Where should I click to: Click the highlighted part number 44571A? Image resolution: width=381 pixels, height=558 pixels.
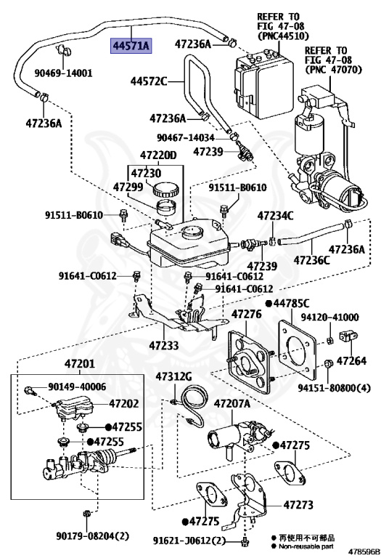[x=130, y=45]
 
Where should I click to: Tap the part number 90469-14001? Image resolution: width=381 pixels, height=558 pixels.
[x=64, y=73]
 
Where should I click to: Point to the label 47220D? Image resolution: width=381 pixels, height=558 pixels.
[x=158, y=155]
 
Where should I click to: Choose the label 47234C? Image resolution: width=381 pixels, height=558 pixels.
[x=276, y=215]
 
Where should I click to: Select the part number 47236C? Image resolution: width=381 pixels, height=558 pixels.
[x=311, y=259]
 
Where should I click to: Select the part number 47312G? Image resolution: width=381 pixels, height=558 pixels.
[x=173, y=376]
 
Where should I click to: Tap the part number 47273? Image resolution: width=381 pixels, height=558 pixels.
[x=298, y=504]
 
